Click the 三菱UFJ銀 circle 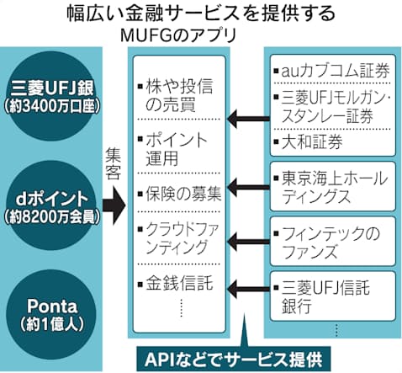tap(51, 96)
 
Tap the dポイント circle tap(51, 205)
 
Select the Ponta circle tap(51, 314)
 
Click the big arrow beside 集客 tap(114, 205)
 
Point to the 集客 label tap(114, 163)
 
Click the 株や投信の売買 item tap(176, 95)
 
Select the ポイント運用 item tap(172, 149)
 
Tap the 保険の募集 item tap(179, 194)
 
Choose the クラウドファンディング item tap(178, 238)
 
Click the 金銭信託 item tap(176, 283)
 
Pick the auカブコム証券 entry tap(332, 70)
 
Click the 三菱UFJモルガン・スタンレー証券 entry tap(332, 107)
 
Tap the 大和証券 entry tap(309, 141)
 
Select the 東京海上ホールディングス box tap(333, 186)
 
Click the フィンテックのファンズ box tap(333, 241)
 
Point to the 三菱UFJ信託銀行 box tap(333, 296)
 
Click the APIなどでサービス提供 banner tap(234, 360)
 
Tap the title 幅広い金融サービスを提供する tap(201, 13)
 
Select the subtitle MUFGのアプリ tap(178, 35)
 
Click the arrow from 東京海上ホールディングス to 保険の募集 tap(248, 187)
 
